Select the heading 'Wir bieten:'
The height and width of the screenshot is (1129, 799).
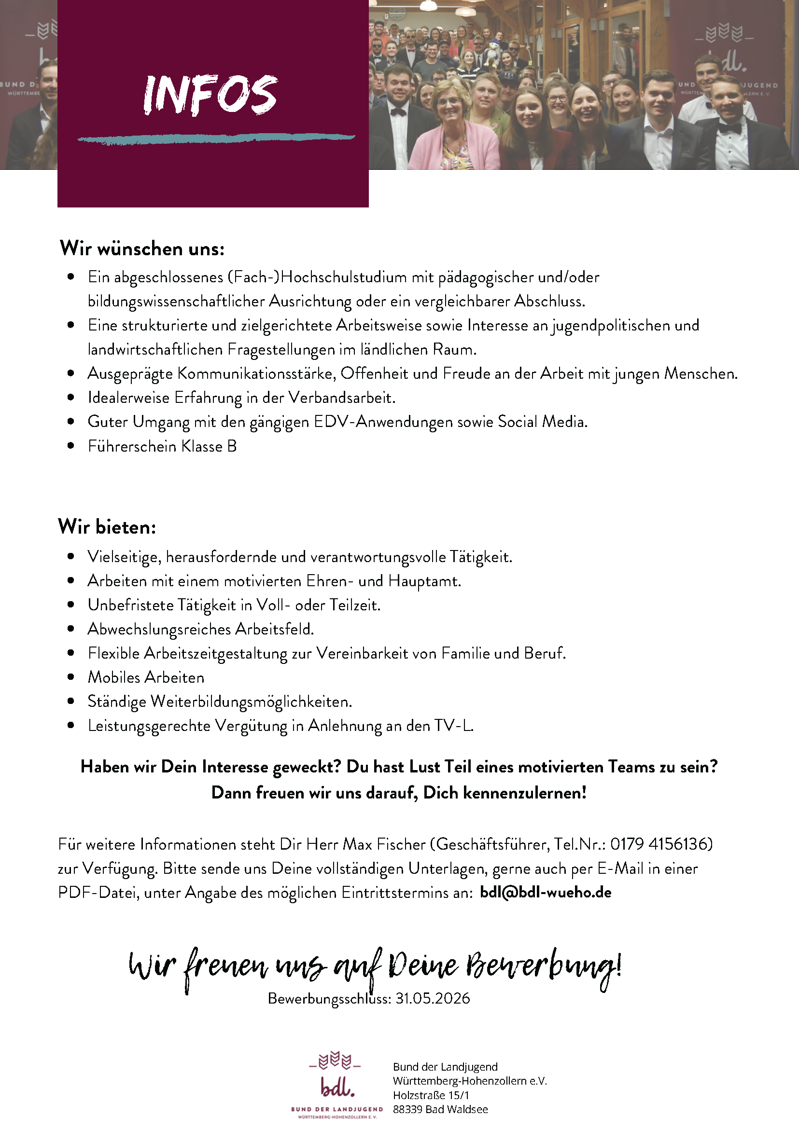[x=107, y=527]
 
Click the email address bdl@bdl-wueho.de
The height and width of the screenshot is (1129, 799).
[x=545, y=892]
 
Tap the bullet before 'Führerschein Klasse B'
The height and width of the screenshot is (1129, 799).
[x=71, y=446]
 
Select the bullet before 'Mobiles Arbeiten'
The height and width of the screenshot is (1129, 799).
[x=71, y=677]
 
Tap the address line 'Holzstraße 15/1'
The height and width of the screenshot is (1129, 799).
[x=431, y=1095]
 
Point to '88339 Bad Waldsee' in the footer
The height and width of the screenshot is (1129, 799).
[x=440, y=1109]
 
